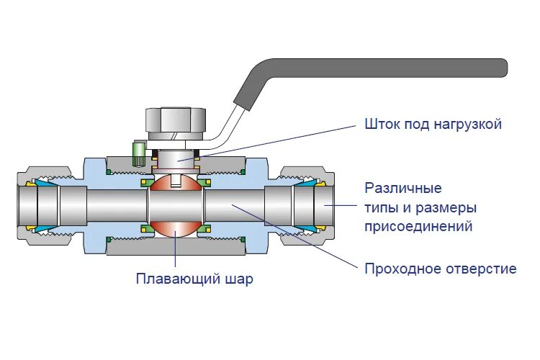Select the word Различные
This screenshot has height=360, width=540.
[x=402, y=189]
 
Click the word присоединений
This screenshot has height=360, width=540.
[x=418, y=227]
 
